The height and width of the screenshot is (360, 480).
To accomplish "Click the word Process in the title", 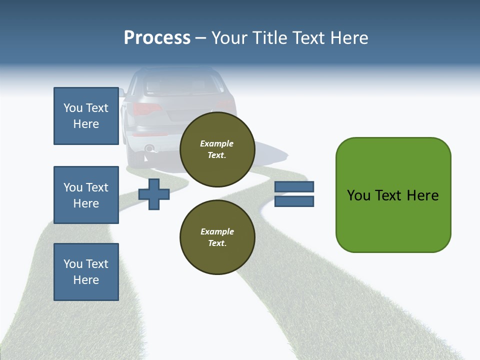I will click(157, 38).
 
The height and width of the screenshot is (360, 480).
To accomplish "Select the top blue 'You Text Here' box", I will click(86, 116).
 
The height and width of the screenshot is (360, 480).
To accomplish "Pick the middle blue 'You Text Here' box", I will click(86, 195).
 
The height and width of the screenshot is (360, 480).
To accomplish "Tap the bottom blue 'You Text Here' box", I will click(86, 272).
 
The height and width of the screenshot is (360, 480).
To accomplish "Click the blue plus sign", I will click(154, 194).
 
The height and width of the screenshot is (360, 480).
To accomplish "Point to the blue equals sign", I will click(294, 194).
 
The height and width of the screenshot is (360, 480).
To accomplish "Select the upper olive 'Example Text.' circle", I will click(217, 149).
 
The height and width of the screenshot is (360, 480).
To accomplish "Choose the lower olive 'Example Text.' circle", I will click(217, 237).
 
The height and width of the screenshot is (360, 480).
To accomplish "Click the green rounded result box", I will click(393, 195).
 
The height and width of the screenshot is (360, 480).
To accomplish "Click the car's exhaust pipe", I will click(149, 148).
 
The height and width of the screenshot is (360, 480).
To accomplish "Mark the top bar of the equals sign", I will click(294, 187).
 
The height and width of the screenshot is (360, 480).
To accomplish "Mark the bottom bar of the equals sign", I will click(294, 201).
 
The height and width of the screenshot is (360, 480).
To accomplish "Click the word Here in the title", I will click(348, 38).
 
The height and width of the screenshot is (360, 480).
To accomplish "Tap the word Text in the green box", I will click(389, 195).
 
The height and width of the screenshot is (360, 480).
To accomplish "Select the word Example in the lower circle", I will click(217, 231).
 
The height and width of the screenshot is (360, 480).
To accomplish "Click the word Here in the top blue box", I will click(86, 124).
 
